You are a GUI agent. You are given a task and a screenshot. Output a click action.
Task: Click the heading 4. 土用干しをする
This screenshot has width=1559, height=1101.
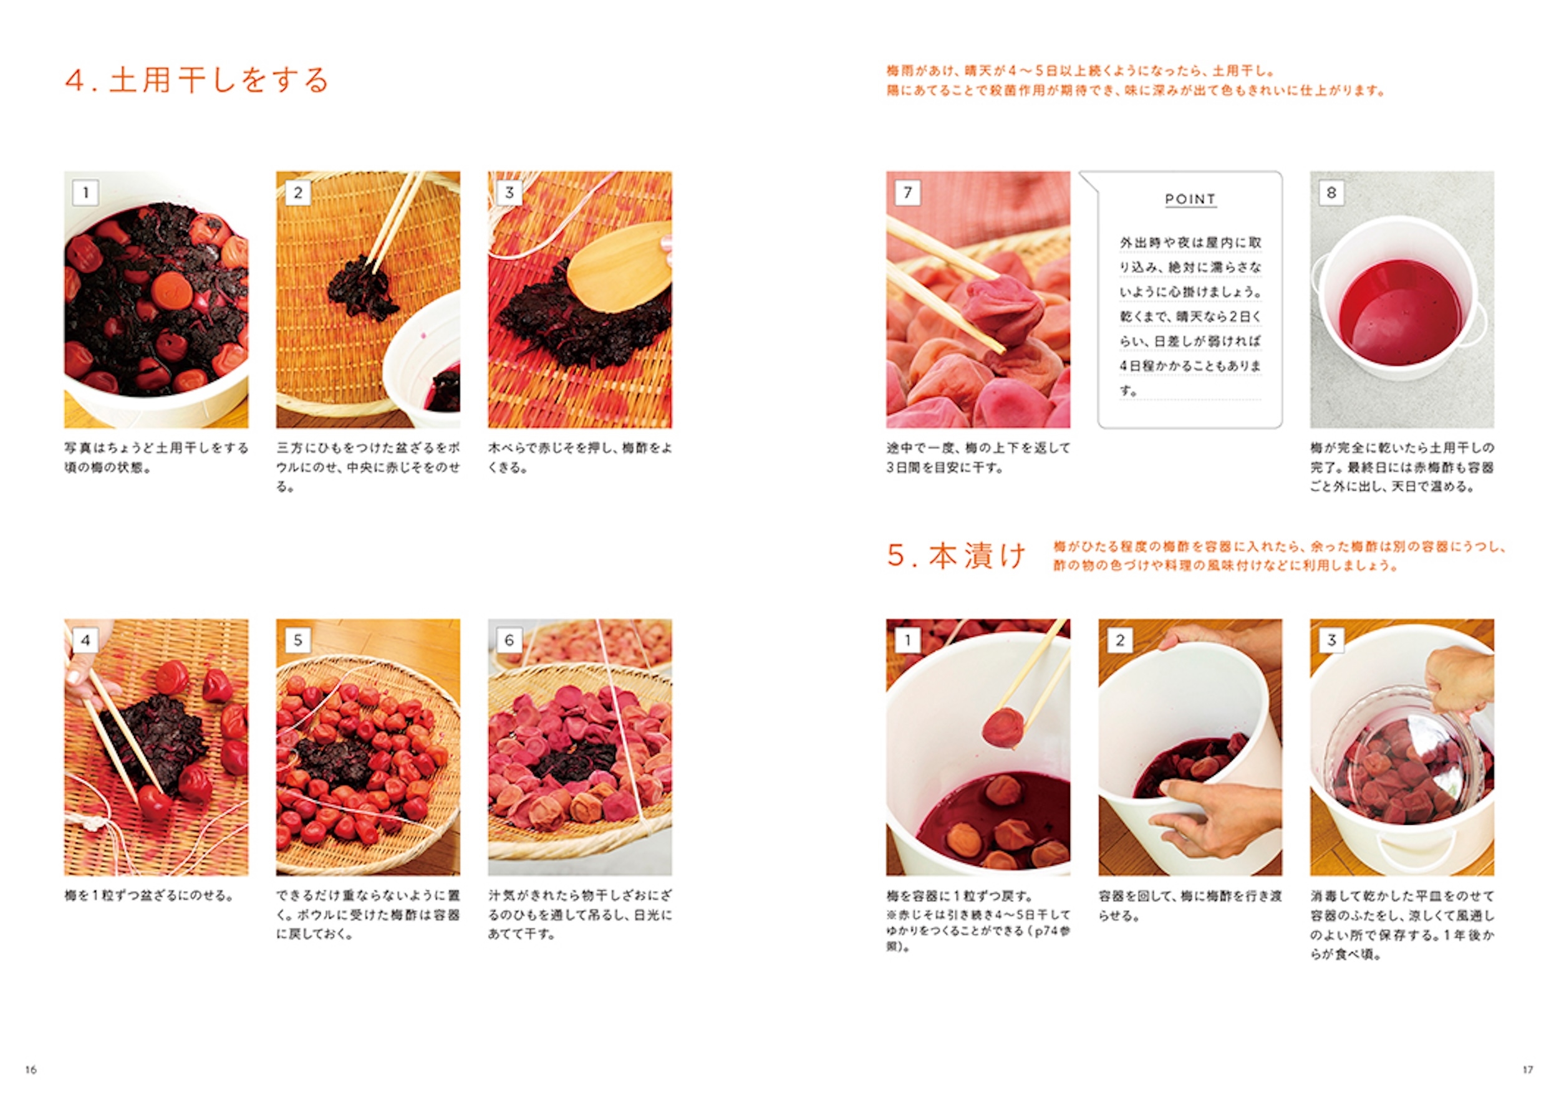[196, 80]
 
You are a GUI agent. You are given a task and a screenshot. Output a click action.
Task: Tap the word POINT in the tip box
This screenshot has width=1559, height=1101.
[1190, 199]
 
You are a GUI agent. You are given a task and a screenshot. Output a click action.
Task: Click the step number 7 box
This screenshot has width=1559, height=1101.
[908, 193]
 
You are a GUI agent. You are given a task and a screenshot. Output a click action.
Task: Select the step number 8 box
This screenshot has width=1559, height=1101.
[1331, 193]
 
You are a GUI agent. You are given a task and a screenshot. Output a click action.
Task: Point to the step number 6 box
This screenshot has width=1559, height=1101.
[509, 640]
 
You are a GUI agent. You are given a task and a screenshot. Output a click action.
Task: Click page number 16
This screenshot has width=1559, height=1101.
[31, 1070]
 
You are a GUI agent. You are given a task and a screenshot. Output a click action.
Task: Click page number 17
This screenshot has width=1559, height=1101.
[1527, 1070]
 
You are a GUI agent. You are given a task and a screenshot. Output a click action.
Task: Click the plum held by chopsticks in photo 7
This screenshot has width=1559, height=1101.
[1005, 309]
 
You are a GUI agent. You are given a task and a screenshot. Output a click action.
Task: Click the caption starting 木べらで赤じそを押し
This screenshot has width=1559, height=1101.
[580, 458]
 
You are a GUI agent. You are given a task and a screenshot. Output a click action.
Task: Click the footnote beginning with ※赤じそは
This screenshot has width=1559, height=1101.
[978, 930]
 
